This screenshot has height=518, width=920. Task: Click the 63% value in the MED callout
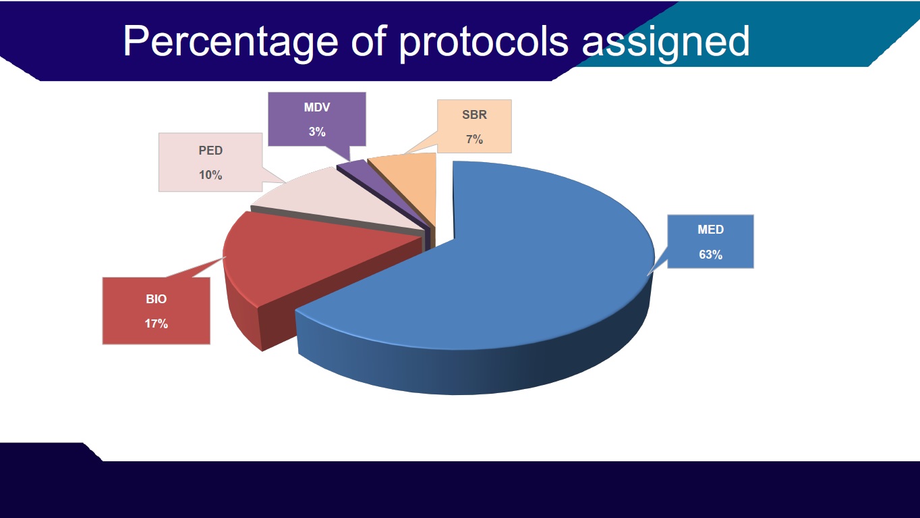pyautogui.click(x=710, y=255)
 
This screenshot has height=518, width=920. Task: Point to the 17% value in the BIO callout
pyautogui.click(x=156, y=324)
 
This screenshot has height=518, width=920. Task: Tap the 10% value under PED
pyautogui.click(x=210, y=175)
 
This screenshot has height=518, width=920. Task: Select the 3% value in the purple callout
pyautogui.click(x=317, y=132)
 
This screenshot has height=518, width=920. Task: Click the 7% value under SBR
pyautogui.click(x=474, y=139)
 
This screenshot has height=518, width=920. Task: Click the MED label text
pyautogui.click(x=710, y=230)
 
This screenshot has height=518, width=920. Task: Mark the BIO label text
pyautogui.click(x=156, y=299)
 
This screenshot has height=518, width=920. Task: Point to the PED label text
pyautogui.click(x=210, y=151)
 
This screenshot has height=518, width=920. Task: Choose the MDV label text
pyautogui.click(x=317, y=107)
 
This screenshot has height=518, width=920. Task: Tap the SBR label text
pyautogui.click(x=474, y=115)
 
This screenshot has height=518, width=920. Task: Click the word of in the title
pyautogui.click(x=369, y=41)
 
